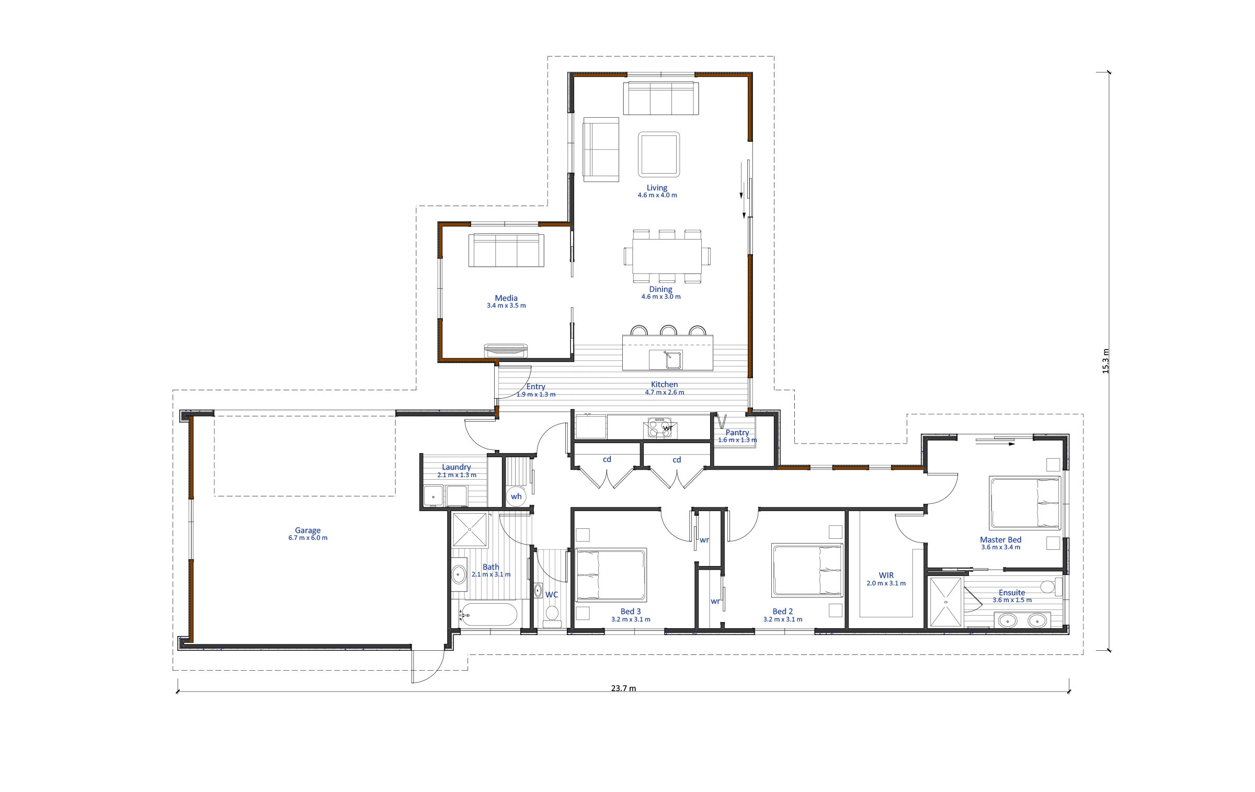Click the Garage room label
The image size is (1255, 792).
coord(307,530)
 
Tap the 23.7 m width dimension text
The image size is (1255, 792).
coord(623,688)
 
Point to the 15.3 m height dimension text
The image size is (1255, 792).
coord(1105,361)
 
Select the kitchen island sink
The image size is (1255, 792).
coord(665,360)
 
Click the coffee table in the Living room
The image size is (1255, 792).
coord(659,154)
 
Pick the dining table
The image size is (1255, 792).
coord(667,256)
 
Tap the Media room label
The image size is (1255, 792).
coord(506,298)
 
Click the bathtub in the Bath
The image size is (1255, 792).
coord(488,614)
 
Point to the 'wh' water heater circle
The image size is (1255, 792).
coord(516,496)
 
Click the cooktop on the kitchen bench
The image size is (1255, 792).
coord(659,427)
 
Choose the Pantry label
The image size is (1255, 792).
coord(737,433)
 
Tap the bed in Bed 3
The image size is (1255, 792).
coord(611,575)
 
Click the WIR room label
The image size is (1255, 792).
coord(886,575)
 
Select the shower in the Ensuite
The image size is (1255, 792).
coord(945,602)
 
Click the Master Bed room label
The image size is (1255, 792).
coord(1000,539)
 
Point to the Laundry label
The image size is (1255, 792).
coord(457,467)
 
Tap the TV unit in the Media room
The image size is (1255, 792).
coord(506,350)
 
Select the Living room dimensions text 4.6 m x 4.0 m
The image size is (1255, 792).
coord(657,195)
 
